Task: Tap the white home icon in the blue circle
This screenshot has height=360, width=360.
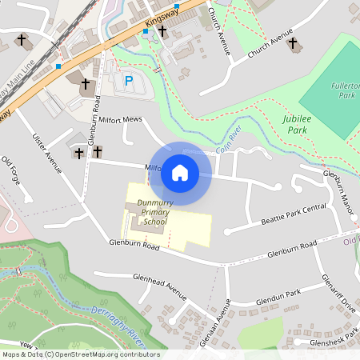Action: coord(180,173)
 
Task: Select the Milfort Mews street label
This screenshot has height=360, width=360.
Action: coord(120,120)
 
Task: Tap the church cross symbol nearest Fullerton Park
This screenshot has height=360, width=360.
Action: coord(293,43)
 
